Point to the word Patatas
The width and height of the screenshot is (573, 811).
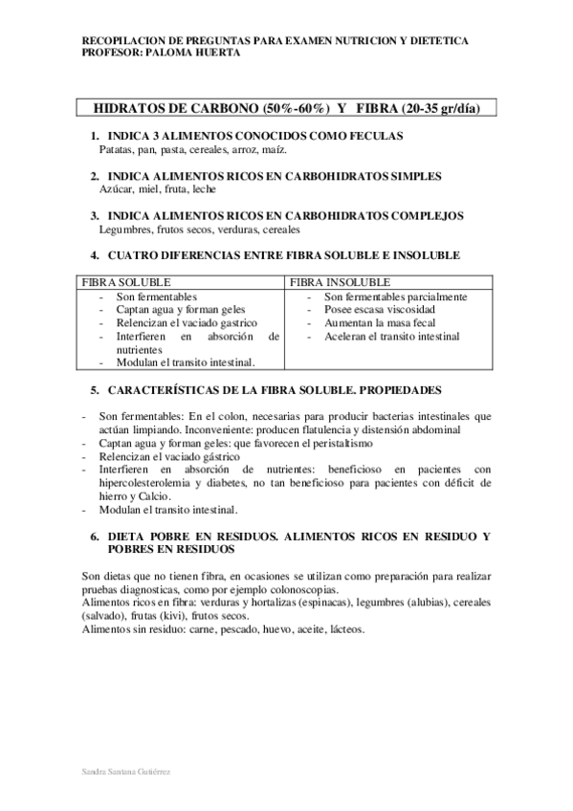coord(117,150)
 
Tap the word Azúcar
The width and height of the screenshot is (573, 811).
coord(116,190)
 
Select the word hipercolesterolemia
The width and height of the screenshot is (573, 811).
coord(140,484)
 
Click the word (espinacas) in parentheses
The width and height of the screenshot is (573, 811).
coord(325,604)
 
